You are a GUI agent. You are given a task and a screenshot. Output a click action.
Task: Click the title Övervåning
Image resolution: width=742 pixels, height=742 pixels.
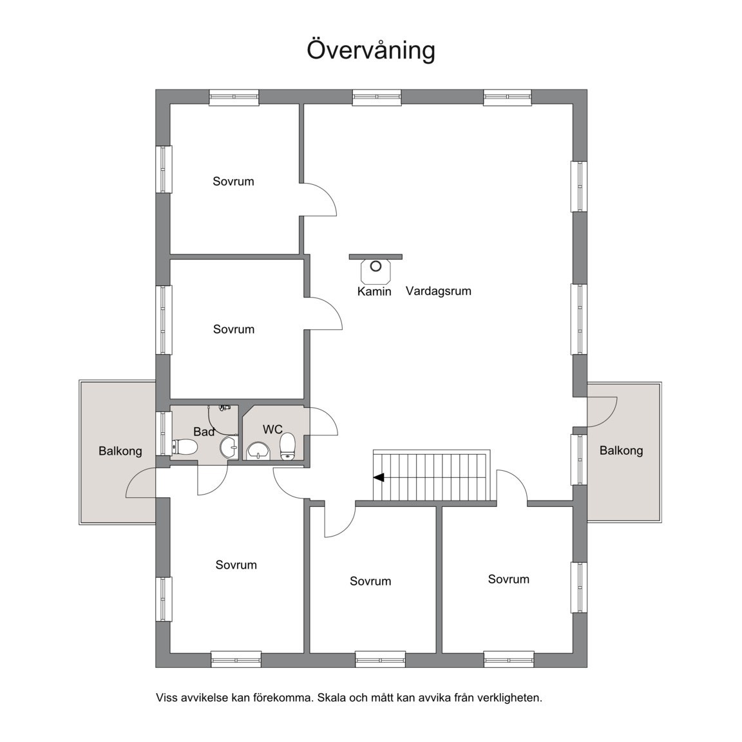click(x=370, y=50)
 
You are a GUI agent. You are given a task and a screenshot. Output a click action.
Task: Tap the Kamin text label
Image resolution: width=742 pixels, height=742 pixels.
click(x=374, y=291)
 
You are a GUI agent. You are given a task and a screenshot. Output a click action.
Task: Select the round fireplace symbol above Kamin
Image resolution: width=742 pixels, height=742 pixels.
click(x=376, y=266)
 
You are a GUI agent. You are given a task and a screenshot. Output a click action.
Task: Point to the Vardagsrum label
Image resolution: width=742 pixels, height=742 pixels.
click(x=438, y=291)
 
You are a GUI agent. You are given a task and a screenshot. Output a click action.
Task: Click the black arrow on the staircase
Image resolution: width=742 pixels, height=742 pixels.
click(x=379, y=477)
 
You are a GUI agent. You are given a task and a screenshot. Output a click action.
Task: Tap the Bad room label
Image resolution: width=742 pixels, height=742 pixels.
click(x=204, y=432)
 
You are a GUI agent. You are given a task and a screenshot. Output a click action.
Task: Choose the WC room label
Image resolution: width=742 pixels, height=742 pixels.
click(x=272, y=429)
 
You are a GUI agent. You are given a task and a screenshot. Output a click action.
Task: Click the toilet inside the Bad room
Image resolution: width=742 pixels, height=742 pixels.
click(x=184, y=447)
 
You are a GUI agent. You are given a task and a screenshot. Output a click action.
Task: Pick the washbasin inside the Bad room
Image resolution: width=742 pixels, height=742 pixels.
click(x=228, y=448)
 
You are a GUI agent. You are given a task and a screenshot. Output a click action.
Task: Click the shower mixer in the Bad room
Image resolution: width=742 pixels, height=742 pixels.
click(x=224, y=407)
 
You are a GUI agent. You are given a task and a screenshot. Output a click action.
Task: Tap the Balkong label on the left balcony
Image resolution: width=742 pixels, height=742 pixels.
click(x=120, y=451)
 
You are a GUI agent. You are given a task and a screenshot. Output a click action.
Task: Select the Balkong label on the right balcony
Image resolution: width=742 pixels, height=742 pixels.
click(x=621, y=450)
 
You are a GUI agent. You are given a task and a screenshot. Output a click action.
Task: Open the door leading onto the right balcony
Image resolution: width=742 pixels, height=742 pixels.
click(x=602, y=412)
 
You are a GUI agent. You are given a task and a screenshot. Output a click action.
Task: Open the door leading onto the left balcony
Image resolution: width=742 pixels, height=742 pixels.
click(x=140, y=483)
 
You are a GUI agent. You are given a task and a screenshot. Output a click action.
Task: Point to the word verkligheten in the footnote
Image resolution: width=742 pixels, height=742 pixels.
click(x=509, y=698)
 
